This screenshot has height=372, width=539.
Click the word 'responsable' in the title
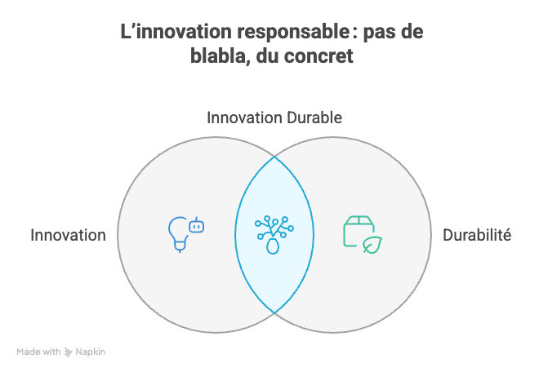293,33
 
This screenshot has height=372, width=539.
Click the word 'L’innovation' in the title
176,32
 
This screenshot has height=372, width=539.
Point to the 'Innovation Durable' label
274,117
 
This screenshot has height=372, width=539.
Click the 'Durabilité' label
477,235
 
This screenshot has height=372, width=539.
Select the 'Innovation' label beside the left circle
68,236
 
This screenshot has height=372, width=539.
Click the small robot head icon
197,225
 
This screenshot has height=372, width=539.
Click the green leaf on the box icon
372,245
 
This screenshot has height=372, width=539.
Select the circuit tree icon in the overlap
274,235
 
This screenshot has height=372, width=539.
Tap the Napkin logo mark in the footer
68,352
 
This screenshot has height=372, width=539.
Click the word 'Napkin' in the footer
91,352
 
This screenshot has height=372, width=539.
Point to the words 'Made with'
38,352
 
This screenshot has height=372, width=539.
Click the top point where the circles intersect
274,157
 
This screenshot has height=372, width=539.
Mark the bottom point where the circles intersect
274,313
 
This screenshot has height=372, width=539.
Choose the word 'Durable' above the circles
314,117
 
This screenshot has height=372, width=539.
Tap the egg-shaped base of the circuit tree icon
273,246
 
